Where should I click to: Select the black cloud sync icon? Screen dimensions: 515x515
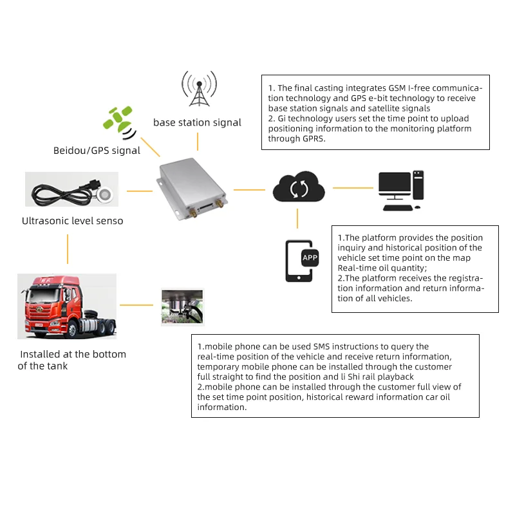(298, 188)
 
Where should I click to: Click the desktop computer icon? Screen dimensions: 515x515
(400, 190)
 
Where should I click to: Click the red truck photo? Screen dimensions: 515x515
(67, 306)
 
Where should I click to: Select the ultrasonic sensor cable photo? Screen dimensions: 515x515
(71, 190)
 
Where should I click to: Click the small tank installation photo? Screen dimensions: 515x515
(182, 307)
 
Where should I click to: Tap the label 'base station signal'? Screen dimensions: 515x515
(197, 122)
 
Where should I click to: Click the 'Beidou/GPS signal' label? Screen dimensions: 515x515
(97, 151)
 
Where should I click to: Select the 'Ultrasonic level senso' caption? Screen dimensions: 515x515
(72, 221)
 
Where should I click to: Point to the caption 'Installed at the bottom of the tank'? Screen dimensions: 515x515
(72, 360)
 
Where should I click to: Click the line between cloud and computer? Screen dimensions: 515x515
(353, 188)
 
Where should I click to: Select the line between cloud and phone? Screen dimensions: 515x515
(297, 219)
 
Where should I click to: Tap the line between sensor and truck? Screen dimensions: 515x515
(68, 248)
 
